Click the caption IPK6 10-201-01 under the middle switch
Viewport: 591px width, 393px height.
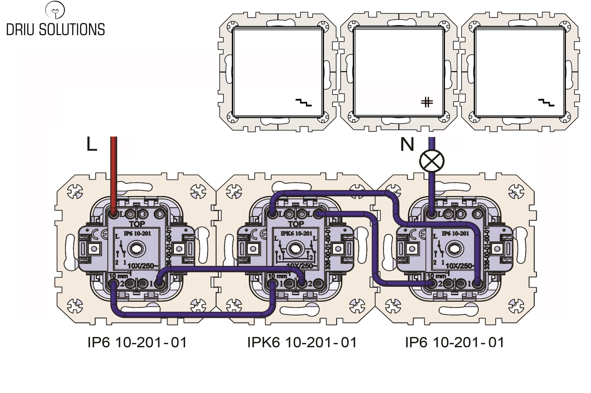pos(302,342)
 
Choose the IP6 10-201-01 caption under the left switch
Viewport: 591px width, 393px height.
pos(137,342)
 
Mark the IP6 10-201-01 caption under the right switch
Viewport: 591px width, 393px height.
pos(455,342)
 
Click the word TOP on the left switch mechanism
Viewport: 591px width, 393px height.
pos(137,224)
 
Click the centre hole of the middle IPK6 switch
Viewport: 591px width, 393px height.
pos(296,249)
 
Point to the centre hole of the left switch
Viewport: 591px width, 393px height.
pos(137,249)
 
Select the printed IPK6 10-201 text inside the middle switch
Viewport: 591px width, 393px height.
pos(296,234)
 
